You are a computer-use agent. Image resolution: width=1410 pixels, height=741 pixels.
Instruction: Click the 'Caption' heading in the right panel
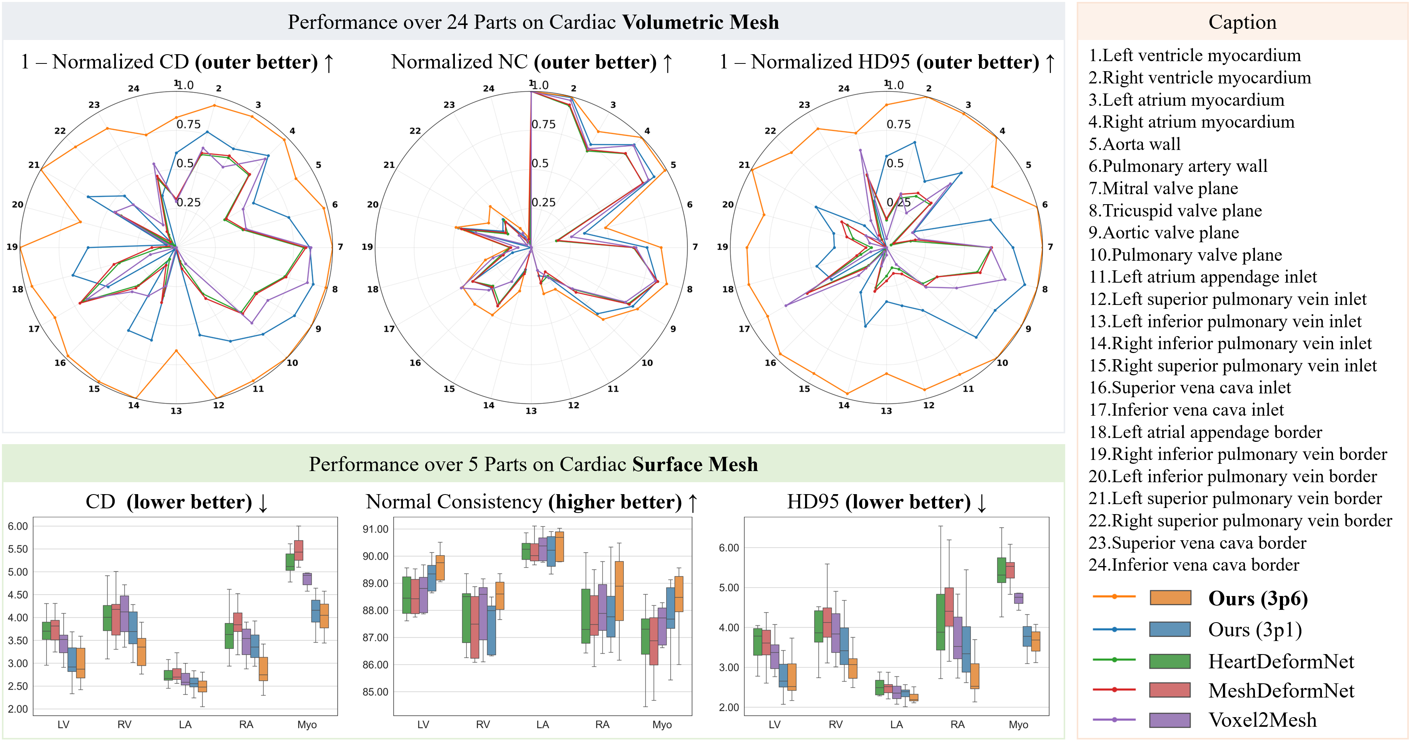tap(1242, 22)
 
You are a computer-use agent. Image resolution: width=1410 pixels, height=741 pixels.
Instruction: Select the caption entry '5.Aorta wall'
tap(1134, 144)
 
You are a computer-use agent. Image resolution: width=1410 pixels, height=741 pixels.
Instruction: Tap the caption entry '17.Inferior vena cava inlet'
tap(1186, 410)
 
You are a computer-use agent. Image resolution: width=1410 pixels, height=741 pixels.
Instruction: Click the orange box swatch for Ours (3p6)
tap(1170, 598)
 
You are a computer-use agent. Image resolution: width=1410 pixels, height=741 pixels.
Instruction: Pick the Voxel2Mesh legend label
tap(1262, 720)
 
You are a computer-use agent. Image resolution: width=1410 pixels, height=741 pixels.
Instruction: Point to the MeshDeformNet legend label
tap(1281, 690)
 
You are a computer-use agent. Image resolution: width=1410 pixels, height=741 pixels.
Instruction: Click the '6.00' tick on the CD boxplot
tap(18, 526)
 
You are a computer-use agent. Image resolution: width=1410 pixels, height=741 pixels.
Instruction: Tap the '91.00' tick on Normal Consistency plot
tap(376, 529)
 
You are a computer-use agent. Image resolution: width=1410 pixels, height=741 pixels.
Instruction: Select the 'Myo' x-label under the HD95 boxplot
tap(1018, 724)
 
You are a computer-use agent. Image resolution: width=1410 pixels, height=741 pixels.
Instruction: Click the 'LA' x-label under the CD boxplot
tap(185, 724)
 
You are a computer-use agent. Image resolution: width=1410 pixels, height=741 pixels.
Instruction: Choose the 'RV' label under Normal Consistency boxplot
tap(483, 724)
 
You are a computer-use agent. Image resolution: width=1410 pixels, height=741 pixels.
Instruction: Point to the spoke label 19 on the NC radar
tap(367, 246)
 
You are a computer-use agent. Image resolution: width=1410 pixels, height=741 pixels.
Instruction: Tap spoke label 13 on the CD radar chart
tap(176, 411)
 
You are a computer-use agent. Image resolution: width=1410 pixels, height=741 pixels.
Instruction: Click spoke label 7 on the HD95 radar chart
tap(1050, 246)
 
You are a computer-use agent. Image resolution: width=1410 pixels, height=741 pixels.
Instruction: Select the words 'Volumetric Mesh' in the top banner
tap(701, 22)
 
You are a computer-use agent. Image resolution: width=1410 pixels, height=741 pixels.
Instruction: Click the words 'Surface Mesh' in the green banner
tap(695, 464)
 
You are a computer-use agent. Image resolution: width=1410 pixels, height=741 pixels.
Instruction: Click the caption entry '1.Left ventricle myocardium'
tap(1194, 55)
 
